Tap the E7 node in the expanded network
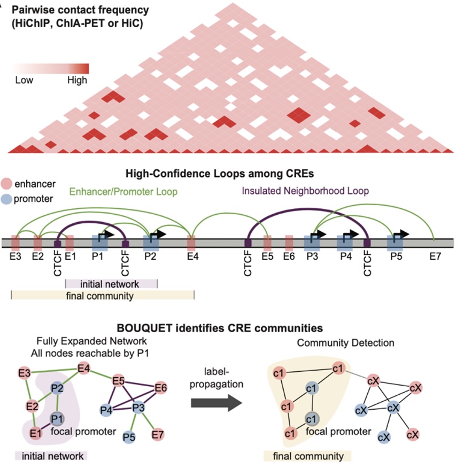coord(158,436)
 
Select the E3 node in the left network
coord(24,372)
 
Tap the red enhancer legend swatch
coord(6,183)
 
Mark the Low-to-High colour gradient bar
coord(51,68)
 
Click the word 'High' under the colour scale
coord(77,81)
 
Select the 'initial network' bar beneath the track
coord(111,284)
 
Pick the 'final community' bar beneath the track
coord(102,295)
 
